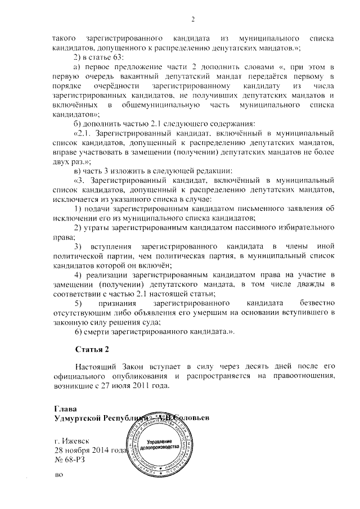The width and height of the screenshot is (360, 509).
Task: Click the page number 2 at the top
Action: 192,21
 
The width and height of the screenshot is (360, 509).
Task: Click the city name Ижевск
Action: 76,442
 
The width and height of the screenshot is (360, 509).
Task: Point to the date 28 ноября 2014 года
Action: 91,451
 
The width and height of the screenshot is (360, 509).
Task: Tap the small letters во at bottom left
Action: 57,476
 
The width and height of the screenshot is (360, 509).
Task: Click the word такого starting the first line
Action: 64,38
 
